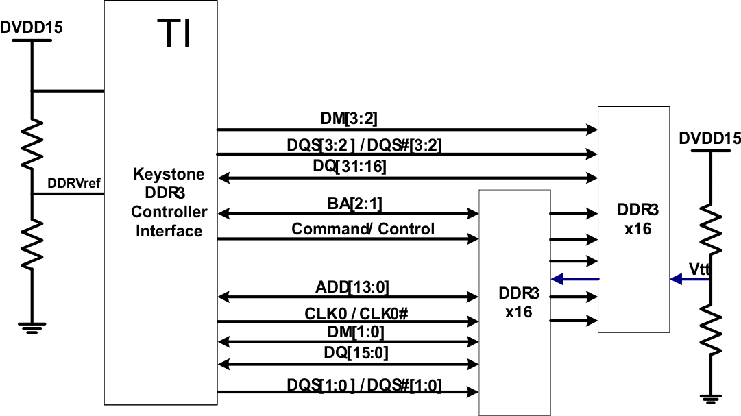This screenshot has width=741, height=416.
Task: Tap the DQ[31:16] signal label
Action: pyautogui.click(x=352, y=167)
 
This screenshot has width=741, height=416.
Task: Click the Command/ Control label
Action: pyautogui.click(x=363, y=229)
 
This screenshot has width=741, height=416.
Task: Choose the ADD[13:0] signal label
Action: pyautogui.click(x=352, y=286)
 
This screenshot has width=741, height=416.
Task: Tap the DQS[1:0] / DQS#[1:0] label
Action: pyautogui.click(x=364, y=385)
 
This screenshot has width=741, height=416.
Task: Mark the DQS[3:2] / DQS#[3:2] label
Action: pyautogui.click(x=369, y=145)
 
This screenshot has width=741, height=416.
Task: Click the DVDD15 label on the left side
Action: pyautogui.click(x=32, y=28)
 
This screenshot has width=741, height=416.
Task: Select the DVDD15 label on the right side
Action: pyautogui.click(x=709, y=139)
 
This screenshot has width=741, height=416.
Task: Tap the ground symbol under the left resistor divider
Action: pyautogui.click(x=31, y=328)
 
